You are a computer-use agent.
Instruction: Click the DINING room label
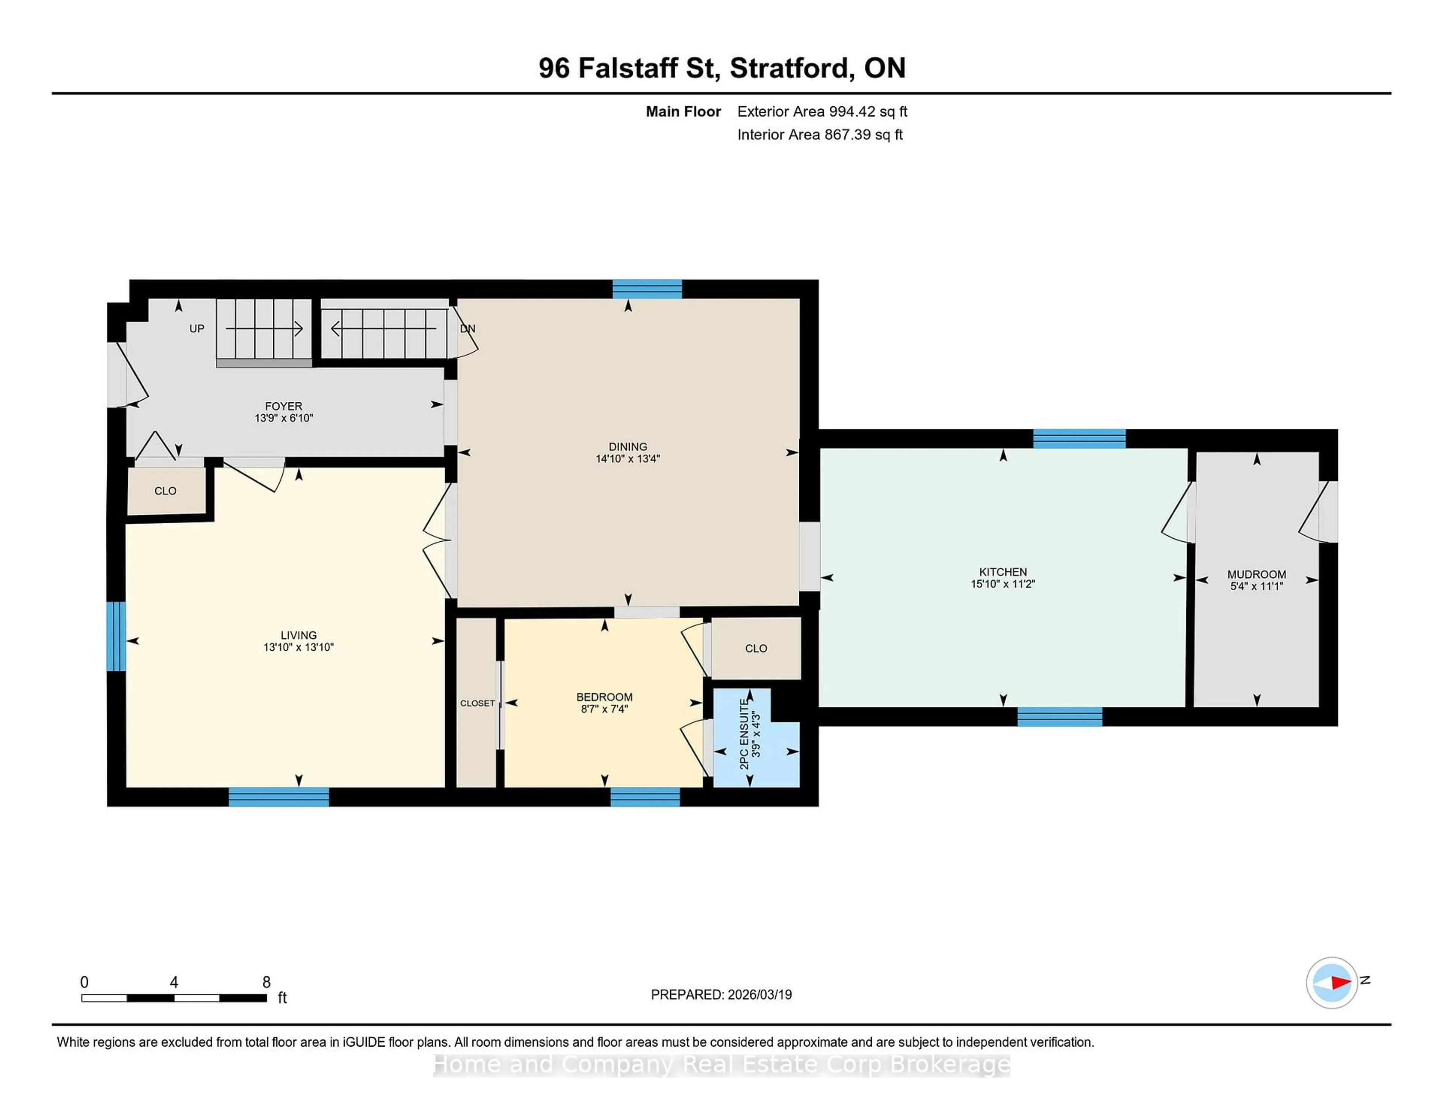pos(627,447)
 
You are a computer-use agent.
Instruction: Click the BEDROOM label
pos(604,697)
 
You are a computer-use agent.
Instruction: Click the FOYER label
pos(283,406)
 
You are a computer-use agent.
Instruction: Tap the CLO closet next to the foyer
pos(165,491)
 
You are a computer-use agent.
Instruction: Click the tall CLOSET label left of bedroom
pos(477,704)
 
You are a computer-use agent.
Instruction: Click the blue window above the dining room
pos(647,289)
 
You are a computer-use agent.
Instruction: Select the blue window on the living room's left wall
pos(116,635)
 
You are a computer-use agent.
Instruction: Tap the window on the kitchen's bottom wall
pos(1059,717)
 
